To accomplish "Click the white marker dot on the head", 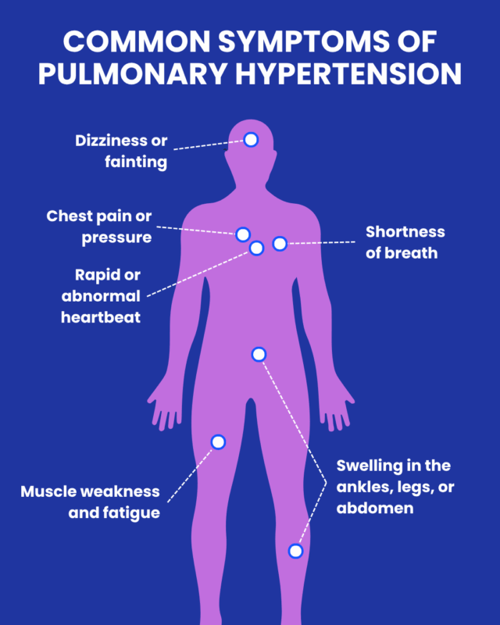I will tap(251, 140).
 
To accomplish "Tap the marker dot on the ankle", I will tap(295, 551).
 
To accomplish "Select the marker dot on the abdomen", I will tap(259, 355).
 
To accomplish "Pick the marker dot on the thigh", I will tap(218, 442).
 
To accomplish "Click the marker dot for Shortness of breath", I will tap(280, 245).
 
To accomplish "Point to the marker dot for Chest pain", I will tap(243, 234).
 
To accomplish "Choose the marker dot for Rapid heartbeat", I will tap(256, 248).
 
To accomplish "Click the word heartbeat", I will tap(101, 318).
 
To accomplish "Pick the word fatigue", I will tap(133, 513).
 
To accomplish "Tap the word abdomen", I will tap(374, 509).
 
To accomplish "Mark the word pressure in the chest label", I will tap(116, 237).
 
